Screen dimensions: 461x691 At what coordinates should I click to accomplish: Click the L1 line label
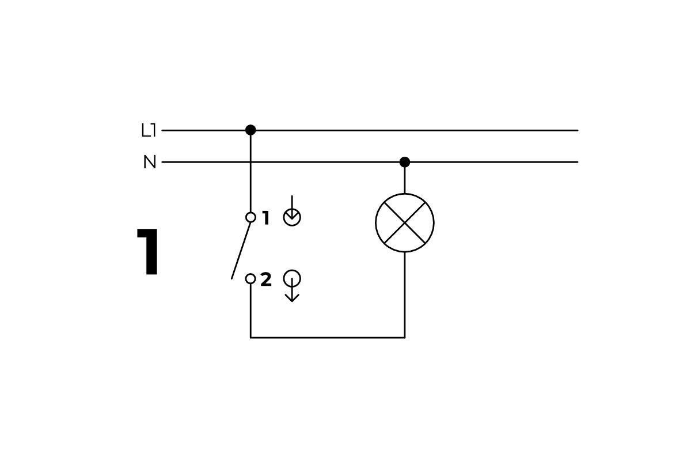coord(149,131)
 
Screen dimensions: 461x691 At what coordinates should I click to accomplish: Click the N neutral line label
coord(150,163)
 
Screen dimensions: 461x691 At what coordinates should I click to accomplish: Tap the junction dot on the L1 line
coord(250,130)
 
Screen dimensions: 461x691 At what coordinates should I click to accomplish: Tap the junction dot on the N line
coord(405,162)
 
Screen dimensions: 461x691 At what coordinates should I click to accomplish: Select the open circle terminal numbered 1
coord(250,217)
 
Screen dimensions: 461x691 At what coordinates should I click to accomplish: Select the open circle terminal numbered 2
coord(250,279)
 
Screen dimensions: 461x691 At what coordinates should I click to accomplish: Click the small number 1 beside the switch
coord(265,218)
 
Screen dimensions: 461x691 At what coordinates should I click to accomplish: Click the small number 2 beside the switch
coord(265,280)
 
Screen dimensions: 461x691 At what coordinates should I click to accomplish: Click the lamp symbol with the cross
coord(405,222)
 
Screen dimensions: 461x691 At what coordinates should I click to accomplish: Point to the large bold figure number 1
coord(149,252)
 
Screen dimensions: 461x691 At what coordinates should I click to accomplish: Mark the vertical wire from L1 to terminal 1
coord(250,173)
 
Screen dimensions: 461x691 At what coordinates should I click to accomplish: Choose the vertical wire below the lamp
coord(405,294)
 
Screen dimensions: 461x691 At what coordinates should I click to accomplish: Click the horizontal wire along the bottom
coord(328,338)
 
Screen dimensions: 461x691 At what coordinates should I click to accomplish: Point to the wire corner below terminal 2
coord(250,338)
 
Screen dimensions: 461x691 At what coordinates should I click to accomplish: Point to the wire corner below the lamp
coord(405,338)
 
